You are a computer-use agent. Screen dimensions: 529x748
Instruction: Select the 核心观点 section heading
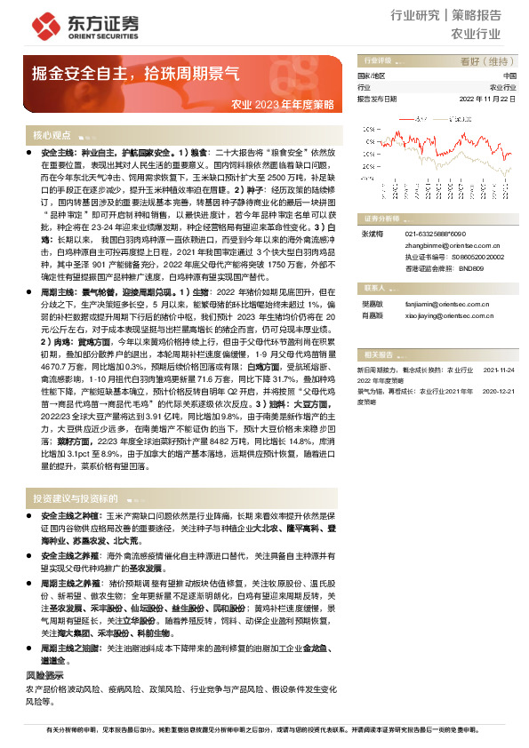52,136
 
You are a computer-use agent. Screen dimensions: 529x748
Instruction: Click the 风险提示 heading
45,676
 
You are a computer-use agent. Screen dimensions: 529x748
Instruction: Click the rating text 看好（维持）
486,61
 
